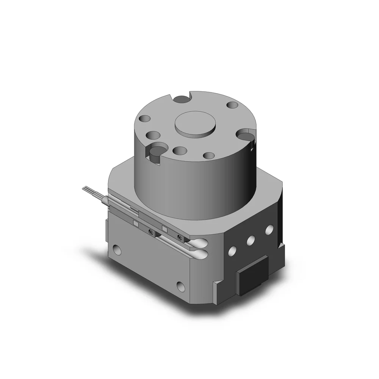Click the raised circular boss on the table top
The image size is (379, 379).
(194, 123)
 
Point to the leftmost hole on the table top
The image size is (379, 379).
(144, 119)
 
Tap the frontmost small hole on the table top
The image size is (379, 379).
(208, 155)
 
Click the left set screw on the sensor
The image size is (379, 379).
(152, 233)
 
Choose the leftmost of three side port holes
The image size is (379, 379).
(233, 251)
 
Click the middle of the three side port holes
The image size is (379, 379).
(251, 240)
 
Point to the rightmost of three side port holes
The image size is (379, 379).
(269, 230)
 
